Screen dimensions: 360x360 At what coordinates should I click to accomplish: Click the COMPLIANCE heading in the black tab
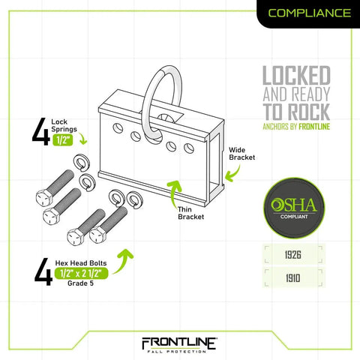click(x=310, y=13)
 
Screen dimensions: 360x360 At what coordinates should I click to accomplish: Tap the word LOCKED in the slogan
click(x=296, y=76)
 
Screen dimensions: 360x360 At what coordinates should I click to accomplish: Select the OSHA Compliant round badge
click(x=294, y=208)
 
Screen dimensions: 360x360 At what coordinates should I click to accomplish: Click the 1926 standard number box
click(x=293, y=255)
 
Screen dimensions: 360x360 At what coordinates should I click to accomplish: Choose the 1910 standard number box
click(x=293, y=278)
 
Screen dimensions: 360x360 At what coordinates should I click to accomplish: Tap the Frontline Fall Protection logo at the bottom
click(x=179, y=345)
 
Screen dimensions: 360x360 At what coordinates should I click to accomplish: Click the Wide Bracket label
click(x=241, y=154)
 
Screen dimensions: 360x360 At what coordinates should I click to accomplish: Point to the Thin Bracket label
click(x=190, y=213)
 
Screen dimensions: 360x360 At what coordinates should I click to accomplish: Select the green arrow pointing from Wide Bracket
click(x=235, y=174)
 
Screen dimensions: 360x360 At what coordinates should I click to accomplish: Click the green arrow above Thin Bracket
click(x=175, y=193)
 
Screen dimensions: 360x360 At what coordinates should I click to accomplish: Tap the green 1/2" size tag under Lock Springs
click(x=62, y=139)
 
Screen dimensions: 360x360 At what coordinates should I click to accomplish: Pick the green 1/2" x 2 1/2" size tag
click(x=81, y=274)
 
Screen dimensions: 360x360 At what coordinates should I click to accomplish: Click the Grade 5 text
click(x=80, y=283)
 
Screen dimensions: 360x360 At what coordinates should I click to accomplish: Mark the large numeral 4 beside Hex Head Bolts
click(x=43, y=272)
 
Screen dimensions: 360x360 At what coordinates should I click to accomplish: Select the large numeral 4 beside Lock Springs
click(x=41, y=131)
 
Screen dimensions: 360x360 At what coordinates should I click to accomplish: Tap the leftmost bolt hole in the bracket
click(x=118, y=128)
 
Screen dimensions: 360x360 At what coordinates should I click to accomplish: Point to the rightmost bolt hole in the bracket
click(x=189, y=148)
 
